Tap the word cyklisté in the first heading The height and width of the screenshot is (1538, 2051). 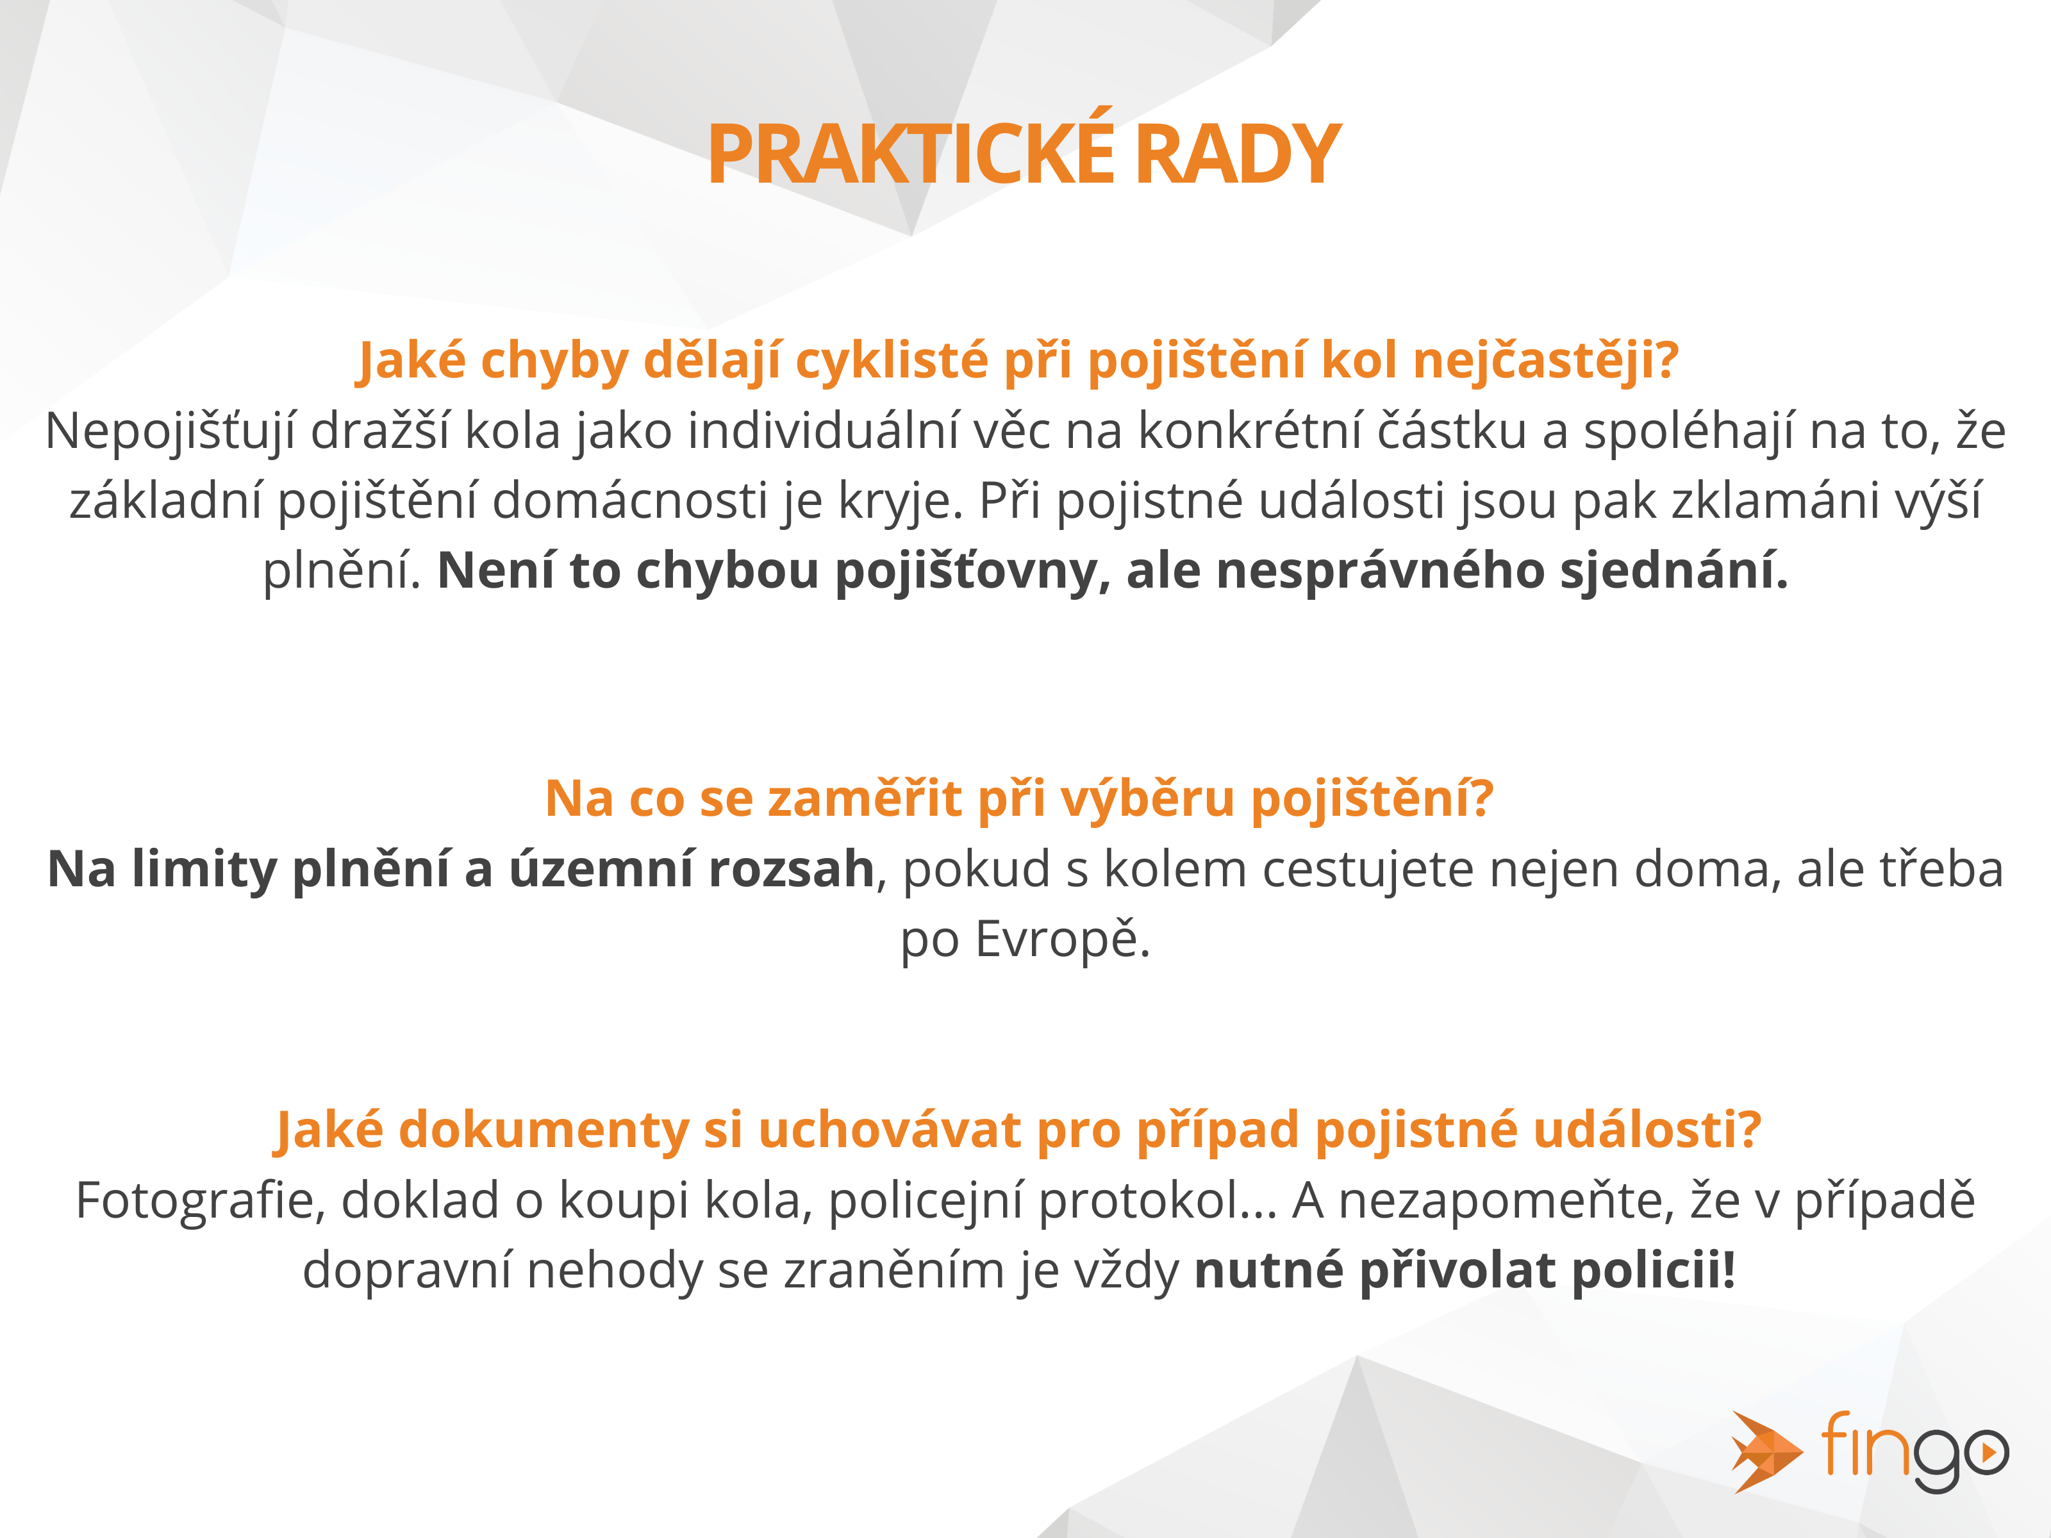(892, 361)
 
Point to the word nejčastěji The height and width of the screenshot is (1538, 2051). (1546, 361)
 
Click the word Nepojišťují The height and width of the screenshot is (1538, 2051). (170, 432)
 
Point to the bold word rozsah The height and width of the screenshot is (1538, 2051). (791, 870)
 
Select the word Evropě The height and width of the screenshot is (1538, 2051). (1063, 940)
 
